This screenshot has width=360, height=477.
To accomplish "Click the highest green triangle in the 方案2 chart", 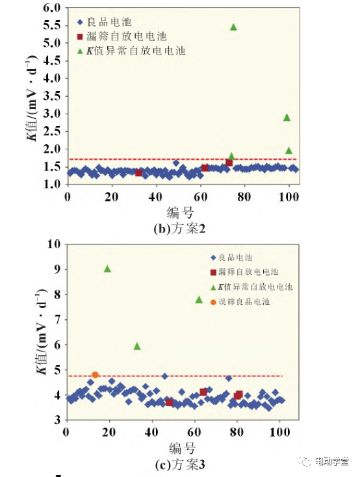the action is (233, 27).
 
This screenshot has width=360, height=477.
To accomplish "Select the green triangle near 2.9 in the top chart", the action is (287, 118).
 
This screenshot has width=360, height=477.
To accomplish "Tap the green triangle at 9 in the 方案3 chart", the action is (107, 268).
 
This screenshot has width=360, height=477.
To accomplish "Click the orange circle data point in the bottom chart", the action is (95, 375).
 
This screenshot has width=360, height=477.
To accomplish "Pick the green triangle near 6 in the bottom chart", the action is (137, 346).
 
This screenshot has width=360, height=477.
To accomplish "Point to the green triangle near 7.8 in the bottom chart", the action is (199, 300).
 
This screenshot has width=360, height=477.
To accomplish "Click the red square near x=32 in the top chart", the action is (138, 173).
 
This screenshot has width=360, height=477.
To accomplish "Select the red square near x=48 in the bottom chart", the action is (169, 402).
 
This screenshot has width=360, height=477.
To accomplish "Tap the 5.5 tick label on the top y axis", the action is (52, 25).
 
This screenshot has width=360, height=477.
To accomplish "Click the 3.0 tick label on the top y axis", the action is (52, 114).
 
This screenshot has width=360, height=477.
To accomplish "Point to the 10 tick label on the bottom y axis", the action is (54, 244).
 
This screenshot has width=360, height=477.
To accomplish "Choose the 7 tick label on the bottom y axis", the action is (58, 320).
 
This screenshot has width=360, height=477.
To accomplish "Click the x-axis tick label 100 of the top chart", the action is (289, 197).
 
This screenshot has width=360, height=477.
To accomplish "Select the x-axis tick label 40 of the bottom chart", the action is (151, 432).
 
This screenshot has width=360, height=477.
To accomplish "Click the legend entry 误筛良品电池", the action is (240, 302).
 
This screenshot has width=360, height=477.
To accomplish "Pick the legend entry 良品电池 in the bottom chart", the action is (231, 257).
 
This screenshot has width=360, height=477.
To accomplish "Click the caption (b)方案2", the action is (179, 229).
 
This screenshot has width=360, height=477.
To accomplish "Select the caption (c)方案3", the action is (180, 464).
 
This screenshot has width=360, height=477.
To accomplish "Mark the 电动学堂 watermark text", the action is (331, 461).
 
